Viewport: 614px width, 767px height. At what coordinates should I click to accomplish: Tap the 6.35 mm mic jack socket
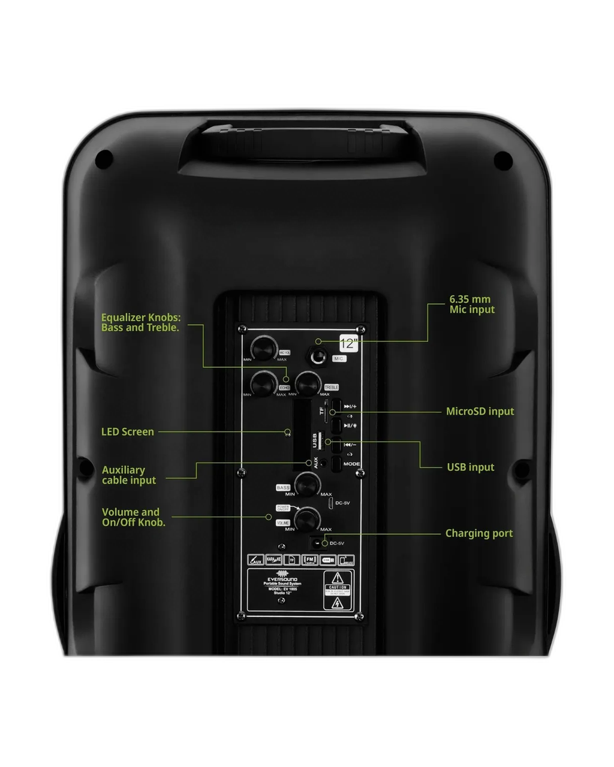318,357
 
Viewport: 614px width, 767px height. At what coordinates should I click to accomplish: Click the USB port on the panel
320,442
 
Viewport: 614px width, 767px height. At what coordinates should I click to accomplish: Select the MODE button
337,463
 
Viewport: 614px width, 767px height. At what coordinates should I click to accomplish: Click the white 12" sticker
348,343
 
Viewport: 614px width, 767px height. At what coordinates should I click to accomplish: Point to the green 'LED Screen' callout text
127,431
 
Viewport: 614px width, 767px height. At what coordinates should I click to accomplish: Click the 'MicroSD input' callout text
480,411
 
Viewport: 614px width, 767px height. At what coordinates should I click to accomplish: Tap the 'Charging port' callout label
478,533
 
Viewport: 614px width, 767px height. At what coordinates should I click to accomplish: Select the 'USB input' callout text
470,467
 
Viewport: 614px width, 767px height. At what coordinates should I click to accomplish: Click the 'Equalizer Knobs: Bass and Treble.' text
140,322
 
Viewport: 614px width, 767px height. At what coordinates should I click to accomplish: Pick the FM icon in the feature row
309,560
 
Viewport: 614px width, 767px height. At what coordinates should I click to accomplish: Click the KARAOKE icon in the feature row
273,560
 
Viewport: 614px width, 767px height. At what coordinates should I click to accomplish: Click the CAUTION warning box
338,590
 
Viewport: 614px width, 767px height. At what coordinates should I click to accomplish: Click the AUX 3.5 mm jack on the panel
324,463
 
